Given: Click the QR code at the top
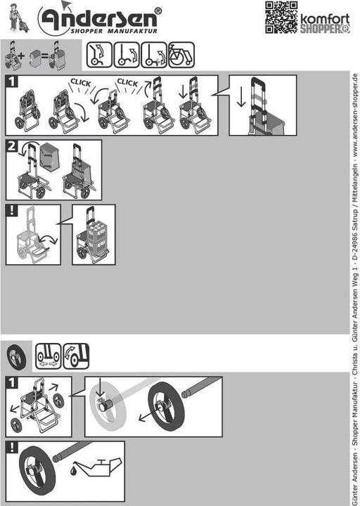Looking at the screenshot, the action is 281,18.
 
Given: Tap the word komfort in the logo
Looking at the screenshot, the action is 325,19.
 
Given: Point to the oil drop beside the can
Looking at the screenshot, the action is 73,469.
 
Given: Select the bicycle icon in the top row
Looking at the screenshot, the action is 181,55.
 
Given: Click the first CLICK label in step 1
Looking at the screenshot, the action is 81,83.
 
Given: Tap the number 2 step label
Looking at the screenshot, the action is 12,146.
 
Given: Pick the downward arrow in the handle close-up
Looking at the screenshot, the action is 241,96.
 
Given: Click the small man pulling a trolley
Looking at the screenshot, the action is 16,18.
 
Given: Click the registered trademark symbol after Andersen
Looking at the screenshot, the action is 158,11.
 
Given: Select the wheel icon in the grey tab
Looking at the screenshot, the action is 16,357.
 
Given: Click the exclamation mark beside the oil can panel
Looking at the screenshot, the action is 12,447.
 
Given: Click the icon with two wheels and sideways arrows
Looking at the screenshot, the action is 48,356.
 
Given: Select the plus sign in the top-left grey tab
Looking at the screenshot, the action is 21,56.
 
